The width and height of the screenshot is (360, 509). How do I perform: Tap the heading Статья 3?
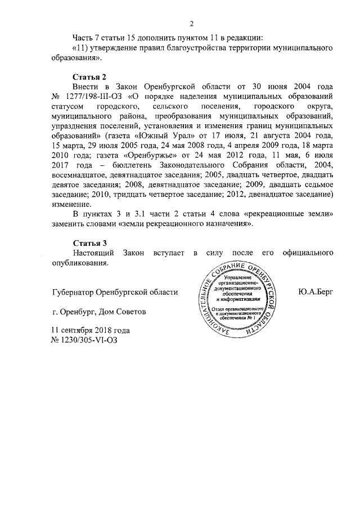point(90,243)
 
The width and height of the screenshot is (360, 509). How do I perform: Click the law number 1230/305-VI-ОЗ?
point(85,340)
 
